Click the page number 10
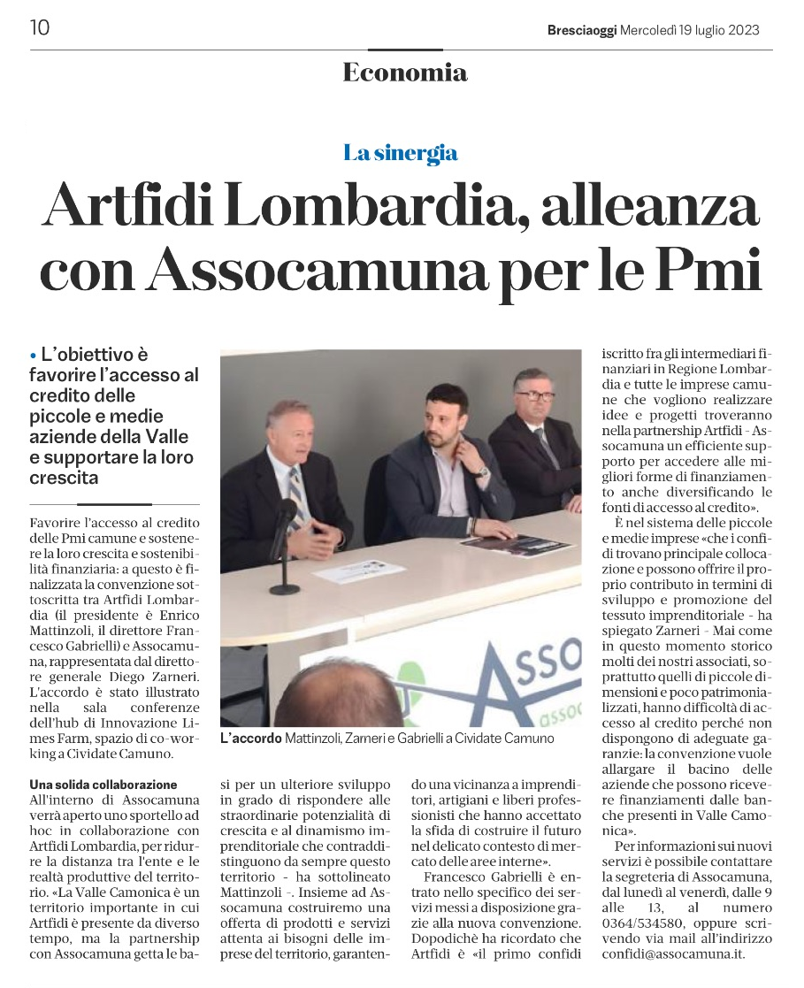tap(40, 28)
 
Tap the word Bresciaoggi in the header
tap(583, 29)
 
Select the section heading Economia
tap(404, 73)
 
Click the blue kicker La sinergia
tap(401, 153)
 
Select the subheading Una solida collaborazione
tap(103, 785)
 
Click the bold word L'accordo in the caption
tap(250, 738)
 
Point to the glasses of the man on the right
tap(535, 394)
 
